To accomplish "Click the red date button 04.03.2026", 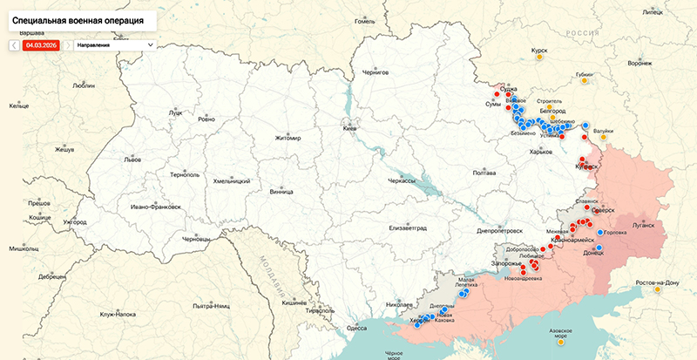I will [x=41, y=44].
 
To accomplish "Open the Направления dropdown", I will [x=114, y=44].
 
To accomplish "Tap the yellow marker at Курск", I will [x=539, y=58].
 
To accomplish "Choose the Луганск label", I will [x=642, y=225].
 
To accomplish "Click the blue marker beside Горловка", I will [x=600, y=233].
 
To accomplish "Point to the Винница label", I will [x=281, y=191].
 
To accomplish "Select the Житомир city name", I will [x=287, y=138].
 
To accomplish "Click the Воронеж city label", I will [x=639, y=63].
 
